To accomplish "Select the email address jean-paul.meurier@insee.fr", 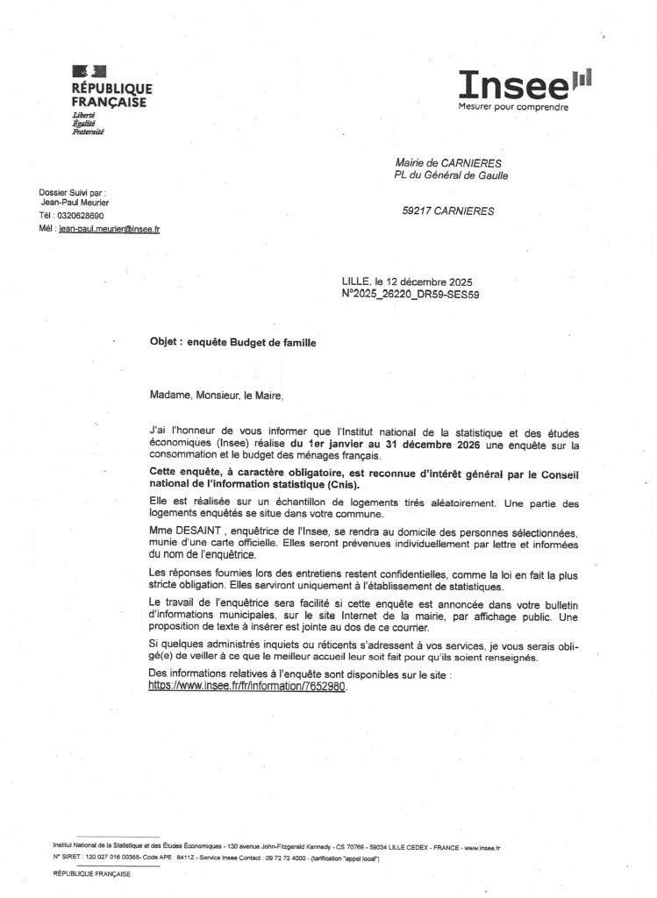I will pos(109,228).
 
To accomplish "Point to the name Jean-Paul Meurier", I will pos(75,203).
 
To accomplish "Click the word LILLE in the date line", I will pos(357,282).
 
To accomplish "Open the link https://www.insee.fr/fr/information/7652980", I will pos(248,687).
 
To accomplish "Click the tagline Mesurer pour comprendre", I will pos(513,107).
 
